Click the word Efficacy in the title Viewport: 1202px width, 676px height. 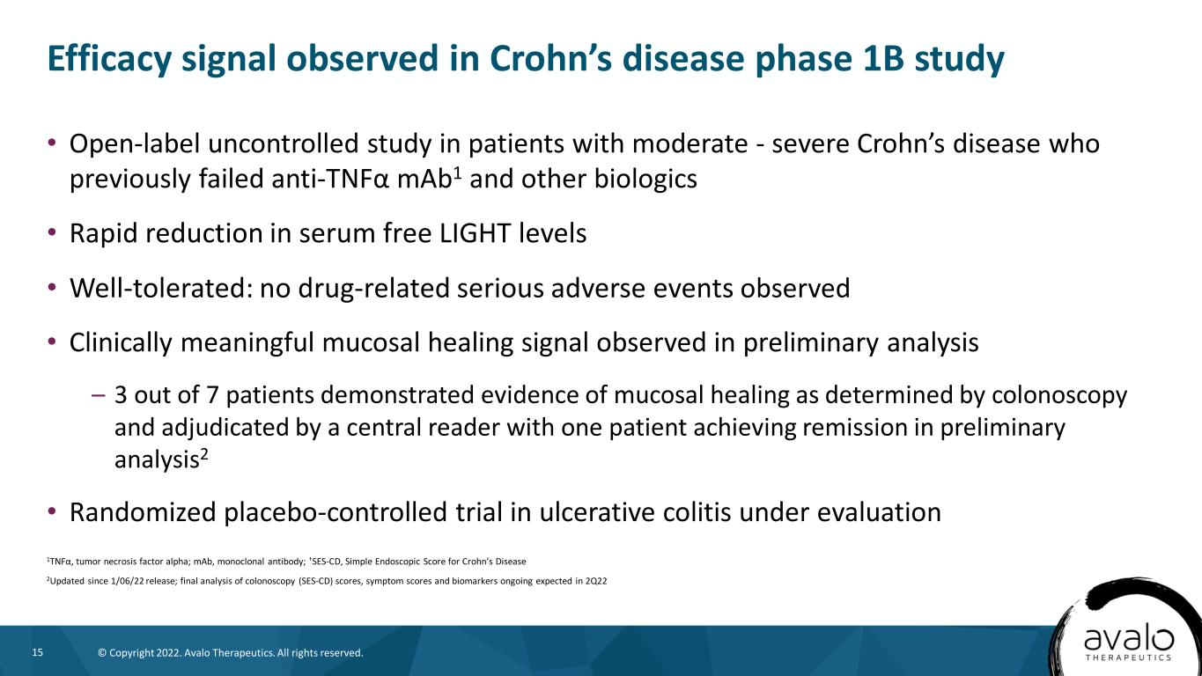pyautogui.click(x=109, y=58)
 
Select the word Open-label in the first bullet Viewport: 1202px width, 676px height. pyautogui.click(x=135, y=144)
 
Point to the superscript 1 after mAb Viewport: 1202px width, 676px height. pyautogui.click(x=457, y=173)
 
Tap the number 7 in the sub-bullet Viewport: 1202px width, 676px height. pyautogui.click(x=212, y=395)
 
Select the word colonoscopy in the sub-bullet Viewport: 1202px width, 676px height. pyautogui.click(x=1058, y=396)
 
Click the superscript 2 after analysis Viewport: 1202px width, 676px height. pyautogui.click(x=203, y=454)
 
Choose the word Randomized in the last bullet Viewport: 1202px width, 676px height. pyautogui.click(x=142, y=512)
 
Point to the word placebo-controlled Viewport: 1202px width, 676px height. pyautogui.click(x=335, y=512)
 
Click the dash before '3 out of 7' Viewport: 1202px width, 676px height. pyautogui.click(x=99, y=395)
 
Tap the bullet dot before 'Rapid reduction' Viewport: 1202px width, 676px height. pyautogui.click(x=51, y=233)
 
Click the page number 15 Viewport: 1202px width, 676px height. pyautogui.click(x=38, y=652)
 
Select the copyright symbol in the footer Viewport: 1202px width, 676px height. pyautogui.click(x=102, y=653)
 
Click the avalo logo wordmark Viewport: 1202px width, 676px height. pyautogui.click(x=1129, y=639)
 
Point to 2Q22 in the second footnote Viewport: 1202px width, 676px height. pyautogui.click(x=596, y=581)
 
